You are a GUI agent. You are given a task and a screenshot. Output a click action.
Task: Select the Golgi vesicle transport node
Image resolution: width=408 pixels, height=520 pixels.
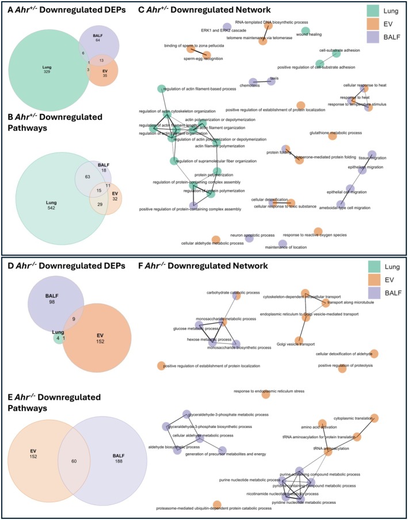[x=299, y=340]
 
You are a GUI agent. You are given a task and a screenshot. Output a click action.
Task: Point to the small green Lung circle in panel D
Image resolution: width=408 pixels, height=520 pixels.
[x=58, y=339]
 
